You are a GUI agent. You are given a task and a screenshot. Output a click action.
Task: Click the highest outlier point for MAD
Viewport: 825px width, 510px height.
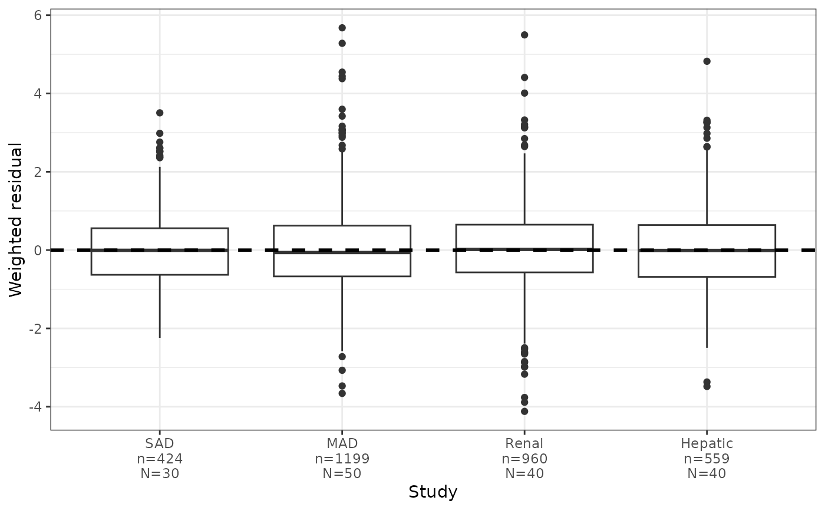(342, 28)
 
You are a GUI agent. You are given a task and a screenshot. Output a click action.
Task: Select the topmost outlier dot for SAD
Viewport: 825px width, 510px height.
(160, 113)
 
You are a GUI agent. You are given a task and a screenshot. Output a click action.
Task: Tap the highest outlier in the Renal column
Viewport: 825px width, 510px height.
(524, 35)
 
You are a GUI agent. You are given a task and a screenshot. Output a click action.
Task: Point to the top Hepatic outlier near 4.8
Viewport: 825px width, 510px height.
(707, 61)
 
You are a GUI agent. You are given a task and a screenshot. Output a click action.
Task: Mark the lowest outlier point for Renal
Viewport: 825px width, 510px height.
(524, 412)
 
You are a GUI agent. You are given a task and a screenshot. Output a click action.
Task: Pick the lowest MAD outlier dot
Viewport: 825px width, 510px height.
(342, 393)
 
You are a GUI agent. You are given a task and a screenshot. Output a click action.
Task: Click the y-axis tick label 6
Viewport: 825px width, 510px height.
(38, 15)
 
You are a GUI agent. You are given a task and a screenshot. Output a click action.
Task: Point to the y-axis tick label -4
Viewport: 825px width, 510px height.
(35, 407)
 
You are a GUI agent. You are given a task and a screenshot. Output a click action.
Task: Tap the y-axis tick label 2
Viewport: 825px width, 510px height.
(38, 172)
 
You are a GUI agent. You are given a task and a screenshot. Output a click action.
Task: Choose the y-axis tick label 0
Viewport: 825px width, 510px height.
(38, 250)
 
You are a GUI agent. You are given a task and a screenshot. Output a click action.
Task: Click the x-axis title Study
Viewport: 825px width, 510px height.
(433, 492)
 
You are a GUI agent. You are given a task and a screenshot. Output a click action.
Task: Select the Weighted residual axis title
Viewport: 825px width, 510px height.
(15, 220)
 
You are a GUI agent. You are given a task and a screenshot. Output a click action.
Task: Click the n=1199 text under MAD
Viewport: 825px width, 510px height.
(342, 459)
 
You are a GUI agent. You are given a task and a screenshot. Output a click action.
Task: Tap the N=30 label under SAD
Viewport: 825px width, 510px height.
(160, 473)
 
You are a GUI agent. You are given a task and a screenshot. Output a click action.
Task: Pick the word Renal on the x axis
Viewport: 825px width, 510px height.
(524, 443)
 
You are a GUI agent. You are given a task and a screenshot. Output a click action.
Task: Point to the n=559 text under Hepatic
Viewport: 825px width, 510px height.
(707, 459)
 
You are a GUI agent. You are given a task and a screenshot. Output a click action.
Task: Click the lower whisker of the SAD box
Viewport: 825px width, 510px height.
(160, 306)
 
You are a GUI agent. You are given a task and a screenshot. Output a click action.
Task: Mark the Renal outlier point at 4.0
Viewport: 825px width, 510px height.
(524, 93)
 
